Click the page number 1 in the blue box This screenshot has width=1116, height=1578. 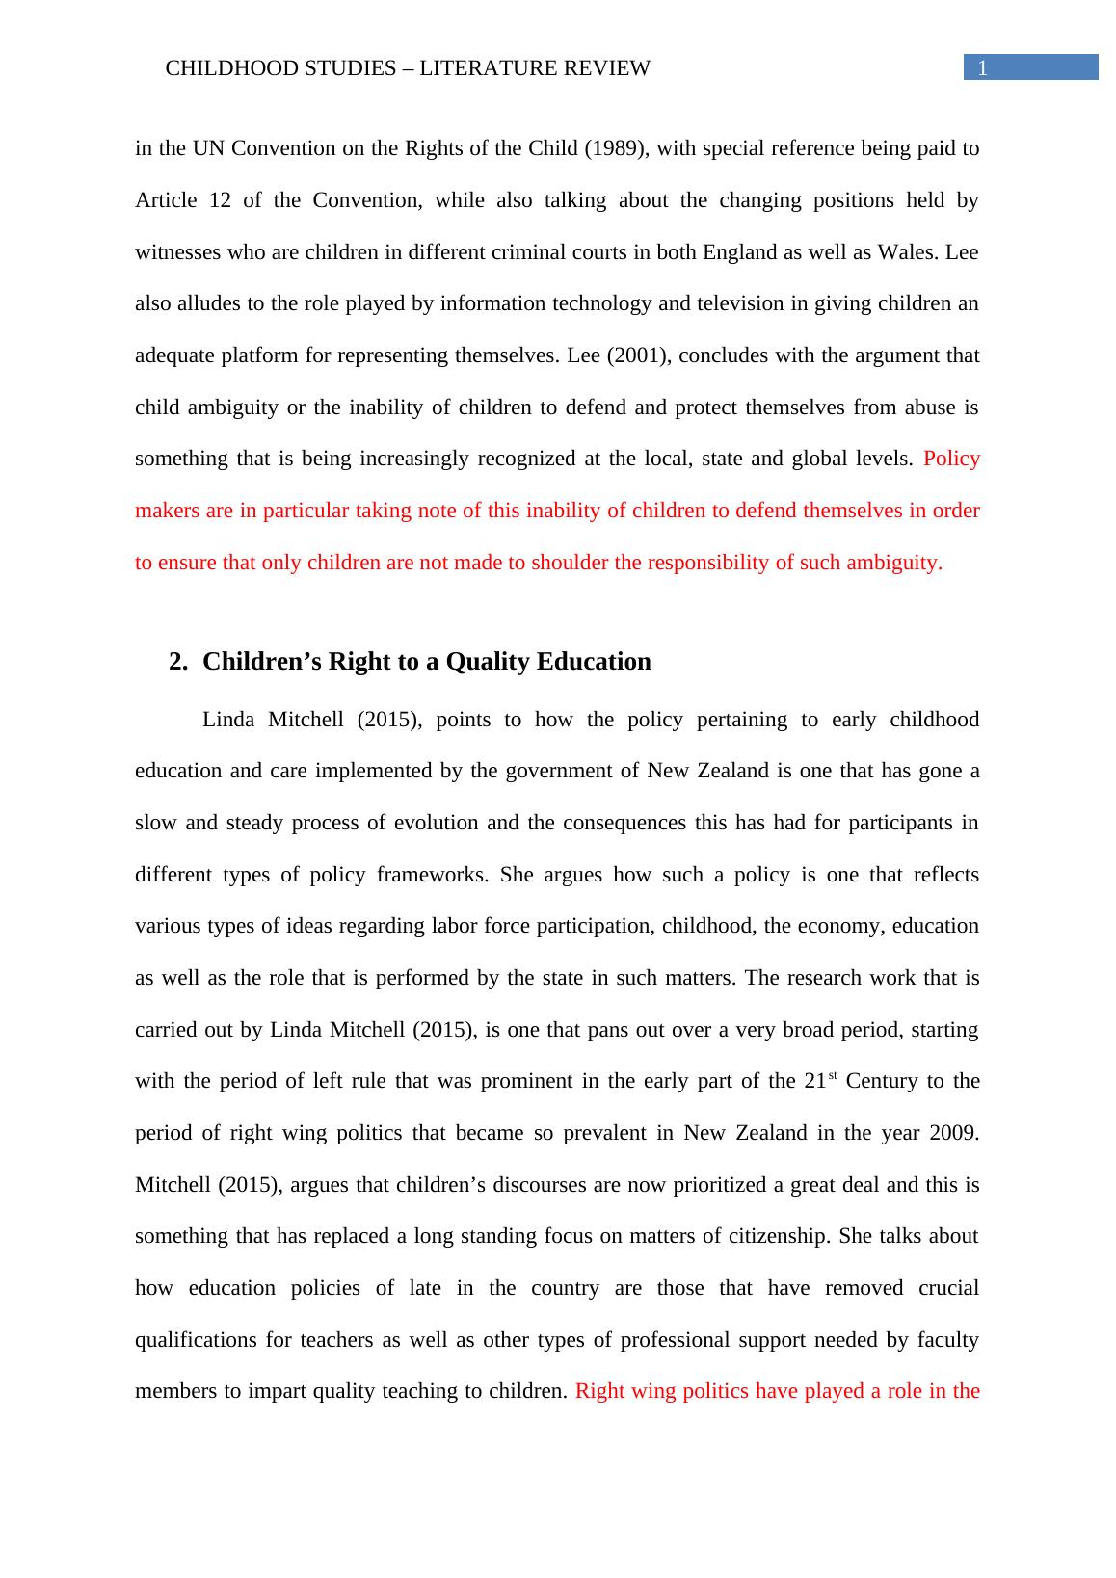982,67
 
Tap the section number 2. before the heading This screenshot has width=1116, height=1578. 177,662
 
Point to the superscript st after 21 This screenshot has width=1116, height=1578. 833,1075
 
